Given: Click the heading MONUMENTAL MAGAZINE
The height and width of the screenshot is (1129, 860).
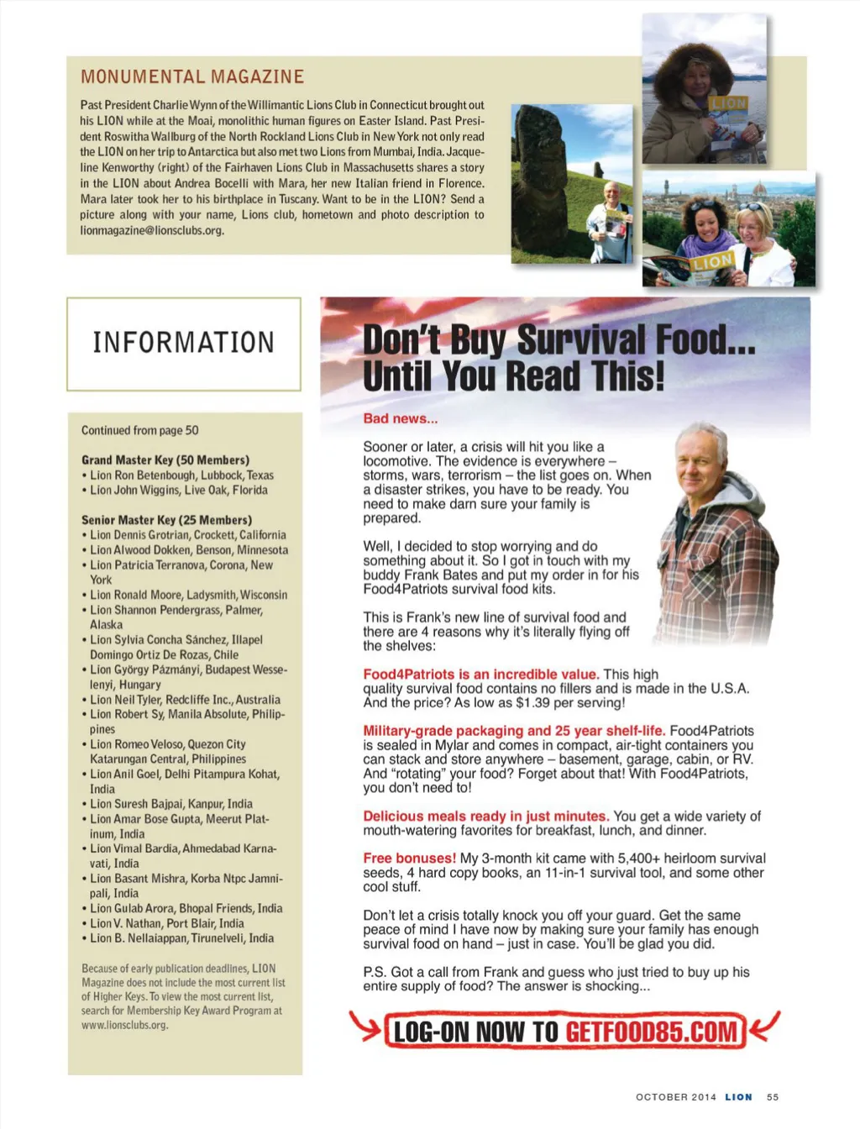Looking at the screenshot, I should (192, 76).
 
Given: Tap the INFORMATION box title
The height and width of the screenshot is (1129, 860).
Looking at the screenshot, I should (183, 343).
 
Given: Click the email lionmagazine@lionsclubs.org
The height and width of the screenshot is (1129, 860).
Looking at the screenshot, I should (152, 230).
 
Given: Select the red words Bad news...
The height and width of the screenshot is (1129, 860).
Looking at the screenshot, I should (400, 418).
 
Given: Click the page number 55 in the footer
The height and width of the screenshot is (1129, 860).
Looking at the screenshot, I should (773, 1097).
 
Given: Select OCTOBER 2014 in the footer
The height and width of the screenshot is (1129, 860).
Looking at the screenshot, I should (676, 1097).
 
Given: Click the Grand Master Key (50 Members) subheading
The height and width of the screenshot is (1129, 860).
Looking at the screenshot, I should (165, 459).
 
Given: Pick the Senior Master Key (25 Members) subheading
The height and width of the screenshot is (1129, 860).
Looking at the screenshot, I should (166, 520).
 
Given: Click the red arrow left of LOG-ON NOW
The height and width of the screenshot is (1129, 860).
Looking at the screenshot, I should (365, 1027).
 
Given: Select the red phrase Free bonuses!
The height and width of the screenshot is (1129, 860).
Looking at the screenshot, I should (409, 858).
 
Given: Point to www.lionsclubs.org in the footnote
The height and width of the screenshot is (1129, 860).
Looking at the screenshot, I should (125, 1025).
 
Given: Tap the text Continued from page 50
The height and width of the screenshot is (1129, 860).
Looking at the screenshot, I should (140, 430).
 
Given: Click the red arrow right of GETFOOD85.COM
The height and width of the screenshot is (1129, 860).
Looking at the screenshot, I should (764, 1026).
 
